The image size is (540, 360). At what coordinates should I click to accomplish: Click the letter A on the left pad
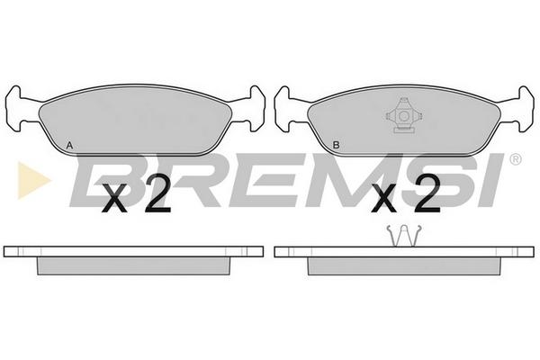(x=69, y=146)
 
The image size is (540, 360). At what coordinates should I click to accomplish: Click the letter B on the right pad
(x=336, y=145)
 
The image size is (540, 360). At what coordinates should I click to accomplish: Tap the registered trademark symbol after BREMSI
(x=516, y=159)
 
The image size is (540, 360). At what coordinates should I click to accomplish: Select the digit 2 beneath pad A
(x=157, y=193)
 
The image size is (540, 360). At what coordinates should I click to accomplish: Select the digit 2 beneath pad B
(x=427, y=193)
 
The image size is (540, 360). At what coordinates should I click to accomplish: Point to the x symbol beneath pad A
(x=114, y=199)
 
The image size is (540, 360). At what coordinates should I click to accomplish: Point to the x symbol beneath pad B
(x=384, y=199)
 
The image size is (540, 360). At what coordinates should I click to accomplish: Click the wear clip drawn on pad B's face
(x=403, y=115)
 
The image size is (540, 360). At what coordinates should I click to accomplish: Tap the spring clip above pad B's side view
(x=404, y=236)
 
